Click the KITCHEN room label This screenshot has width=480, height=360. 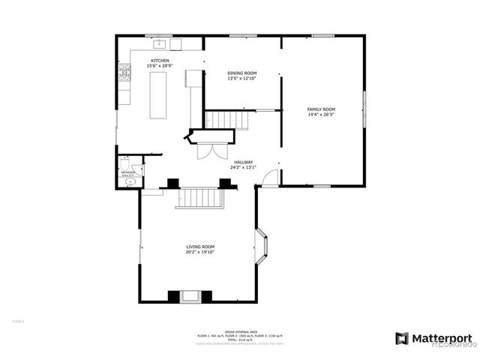[x=160, y=61]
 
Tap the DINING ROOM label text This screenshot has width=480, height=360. [x=242, y=73]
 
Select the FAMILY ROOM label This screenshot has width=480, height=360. [x=321, y=109]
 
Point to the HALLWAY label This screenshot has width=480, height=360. [x=243, y=162]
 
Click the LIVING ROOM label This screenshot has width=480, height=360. [x=200, y=247]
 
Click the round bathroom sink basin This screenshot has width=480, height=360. [x=130, y=181]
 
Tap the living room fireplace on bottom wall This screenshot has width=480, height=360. [x=184, y=296]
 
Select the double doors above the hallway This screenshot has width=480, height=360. [x=208, y=151]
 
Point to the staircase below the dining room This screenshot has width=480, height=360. [x=226, y=118]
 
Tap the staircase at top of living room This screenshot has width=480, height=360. [x=199, y=198]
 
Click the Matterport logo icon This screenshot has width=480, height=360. [x=401, y=337]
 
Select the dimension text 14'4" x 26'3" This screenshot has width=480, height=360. [x=321, y=115]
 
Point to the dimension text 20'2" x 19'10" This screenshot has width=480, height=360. [x=200, y=252]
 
